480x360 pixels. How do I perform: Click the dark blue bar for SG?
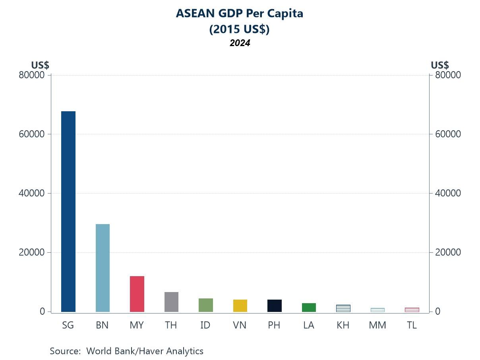68,211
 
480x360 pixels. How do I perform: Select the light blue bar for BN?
103,268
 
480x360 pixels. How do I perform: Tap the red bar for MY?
137,294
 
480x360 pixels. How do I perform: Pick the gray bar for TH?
171,302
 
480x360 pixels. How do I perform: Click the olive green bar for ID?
205,305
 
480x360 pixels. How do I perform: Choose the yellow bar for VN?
240,306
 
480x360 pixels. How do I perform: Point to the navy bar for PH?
274,306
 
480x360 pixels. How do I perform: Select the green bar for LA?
309,307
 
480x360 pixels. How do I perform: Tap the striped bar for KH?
343,308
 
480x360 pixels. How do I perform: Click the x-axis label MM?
377,325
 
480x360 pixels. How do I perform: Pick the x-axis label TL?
412,325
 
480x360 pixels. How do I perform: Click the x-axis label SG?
68,325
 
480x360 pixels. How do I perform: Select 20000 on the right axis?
447,252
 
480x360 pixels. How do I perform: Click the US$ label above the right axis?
439,65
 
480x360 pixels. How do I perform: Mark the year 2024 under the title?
240,43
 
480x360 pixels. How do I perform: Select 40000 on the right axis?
447,193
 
